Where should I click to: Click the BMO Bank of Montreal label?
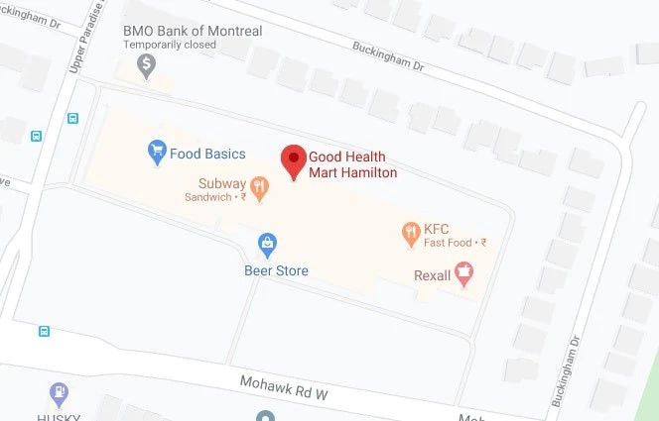(193, 32)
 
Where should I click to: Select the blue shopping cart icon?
(156, 152)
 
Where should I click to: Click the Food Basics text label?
(207, 154)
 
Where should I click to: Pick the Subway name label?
(220, 182)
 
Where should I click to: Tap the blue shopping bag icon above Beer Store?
(266, 243)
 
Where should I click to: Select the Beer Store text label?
(276, 270)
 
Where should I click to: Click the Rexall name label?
(432, 275)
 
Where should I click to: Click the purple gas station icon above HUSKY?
(59, 393)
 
